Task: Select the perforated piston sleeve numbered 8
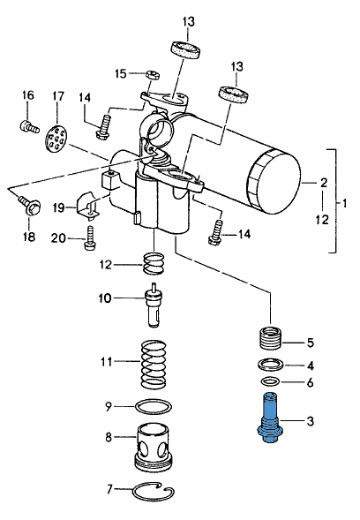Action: point(154,447)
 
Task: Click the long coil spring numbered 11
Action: point(154,364)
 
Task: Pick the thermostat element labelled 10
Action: point(154,305)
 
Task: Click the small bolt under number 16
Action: point(28,126)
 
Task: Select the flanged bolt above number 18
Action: point(30,206)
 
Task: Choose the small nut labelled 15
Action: point(153,75)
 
